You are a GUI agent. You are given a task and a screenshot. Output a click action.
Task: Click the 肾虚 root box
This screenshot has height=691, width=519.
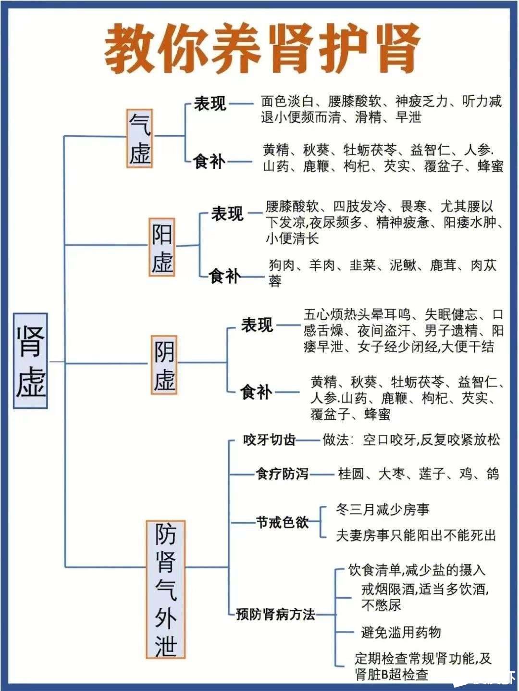(30, 361)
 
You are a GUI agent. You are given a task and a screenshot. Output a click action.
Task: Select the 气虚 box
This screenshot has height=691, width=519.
(140, 138)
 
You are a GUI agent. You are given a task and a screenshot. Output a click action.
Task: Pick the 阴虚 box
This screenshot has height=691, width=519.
(164, 365)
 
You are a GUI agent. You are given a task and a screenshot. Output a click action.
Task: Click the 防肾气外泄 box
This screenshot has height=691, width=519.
(166, 589)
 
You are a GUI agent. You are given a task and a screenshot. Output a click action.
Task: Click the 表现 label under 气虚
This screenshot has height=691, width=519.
(210, 103)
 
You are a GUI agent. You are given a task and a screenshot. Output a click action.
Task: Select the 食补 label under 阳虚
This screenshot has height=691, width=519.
(224, 276)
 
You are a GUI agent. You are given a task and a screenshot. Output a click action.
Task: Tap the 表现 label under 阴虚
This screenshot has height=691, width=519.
(257, 326)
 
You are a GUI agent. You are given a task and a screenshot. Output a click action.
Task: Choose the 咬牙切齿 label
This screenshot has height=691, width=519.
(270, 440)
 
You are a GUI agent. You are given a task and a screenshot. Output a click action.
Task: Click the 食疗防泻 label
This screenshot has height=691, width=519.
(282, 474)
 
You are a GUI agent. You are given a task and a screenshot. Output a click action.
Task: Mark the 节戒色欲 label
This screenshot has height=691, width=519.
(282, 522)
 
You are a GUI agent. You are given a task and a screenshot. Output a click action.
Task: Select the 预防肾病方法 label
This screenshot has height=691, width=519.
(276, 614)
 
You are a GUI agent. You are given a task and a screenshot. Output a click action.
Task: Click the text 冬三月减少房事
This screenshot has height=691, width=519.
(383, 509)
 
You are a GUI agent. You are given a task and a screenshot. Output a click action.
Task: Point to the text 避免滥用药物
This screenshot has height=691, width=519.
(401, 632)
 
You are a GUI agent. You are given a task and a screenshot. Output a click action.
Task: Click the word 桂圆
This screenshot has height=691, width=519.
(351, 474)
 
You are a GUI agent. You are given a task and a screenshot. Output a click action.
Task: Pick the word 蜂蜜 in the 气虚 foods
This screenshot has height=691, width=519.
(490, 166)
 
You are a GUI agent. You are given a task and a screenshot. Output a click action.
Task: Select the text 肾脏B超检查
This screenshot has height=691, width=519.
(391, 674)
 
